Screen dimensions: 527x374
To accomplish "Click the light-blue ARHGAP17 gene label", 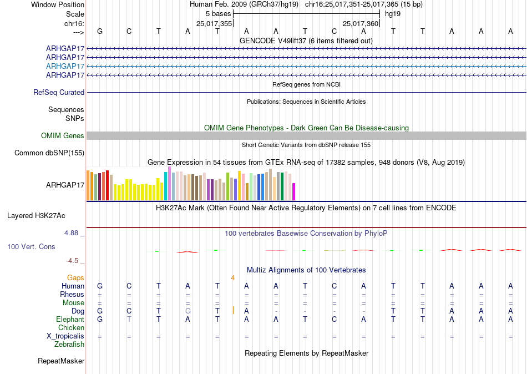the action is point(65,66).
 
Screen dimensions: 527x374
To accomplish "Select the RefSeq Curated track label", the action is point(59,92).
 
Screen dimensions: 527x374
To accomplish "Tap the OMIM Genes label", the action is point(63,135).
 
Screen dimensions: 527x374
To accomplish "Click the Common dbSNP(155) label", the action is point(49,153).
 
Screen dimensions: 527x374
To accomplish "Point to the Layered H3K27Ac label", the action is point(36,216).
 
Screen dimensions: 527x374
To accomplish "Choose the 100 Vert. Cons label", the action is point(31,246).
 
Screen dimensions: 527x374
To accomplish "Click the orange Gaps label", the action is point(75,277).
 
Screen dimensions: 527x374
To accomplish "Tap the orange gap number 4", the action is point(232,278).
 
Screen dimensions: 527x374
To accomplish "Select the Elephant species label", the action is point(70,319).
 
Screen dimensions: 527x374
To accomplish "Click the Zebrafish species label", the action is point(69,344).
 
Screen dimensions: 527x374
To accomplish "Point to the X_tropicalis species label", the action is point(65,336).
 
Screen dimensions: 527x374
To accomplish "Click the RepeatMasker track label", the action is point(61,361).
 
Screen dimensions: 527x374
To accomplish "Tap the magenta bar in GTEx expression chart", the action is point(294,191).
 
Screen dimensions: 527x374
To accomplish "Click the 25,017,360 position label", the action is point(361,23).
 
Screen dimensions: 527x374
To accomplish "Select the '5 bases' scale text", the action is point(219,14).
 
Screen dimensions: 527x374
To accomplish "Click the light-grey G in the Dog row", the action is point(188,311).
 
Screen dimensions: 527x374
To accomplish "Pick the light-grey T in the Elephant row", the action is point(129,319).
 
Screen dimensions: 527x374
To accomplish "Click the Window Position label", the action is point(58,4).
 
